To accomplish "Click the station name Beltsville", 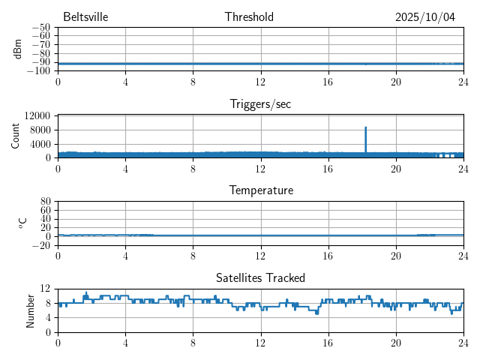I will click(x=86, y=17).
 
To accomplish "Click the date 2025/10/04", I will click(x=425, y=17).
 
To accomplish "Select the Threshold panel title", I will click(x=249, y=17).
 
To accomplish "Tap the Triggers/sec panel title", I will click(x=260, y=104).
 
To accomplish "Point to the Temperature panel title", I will click(x=260, y=190).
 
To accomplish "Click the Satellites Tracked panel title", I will click(x=260, y=277).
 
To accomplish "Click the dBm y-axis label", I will click(x=17, y=49).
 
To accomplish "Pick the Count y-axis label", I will click(x=16, y=136).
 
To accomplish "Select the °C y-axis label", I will click(x=22, y=223).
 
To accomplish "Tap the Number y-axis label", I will click(x=31, y=310).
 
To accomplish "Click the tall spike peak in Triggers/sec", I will click(x=366, y=127).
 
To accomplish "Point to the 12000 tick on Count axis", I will click(x=37, y=116).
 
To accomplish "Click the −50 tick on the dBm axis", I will click(x=41, y=27).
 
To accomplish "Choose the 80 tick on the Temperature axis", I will click(x=45, y=202).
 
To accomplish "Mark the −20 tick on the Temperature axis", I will click(x=41, y=245).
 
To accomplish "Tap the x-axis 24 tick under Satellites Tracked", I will click(x=463, y=343).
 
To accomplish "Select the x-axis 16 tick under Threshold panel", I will click(x=328, y=82).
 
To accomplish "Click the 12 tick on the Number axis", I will click(x=45, y=289).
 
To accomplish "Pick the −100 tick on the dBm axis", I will click(x=39, y=71).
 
